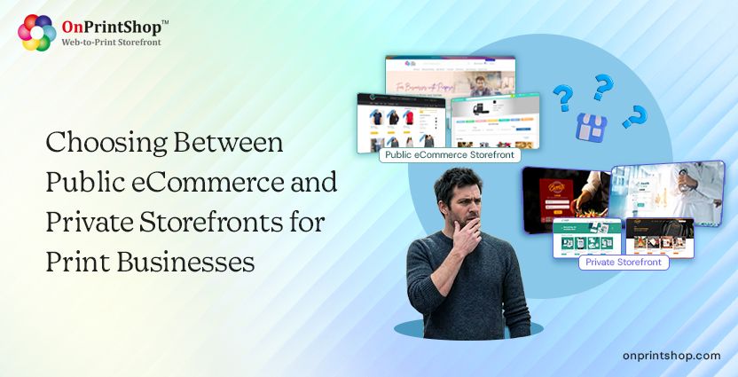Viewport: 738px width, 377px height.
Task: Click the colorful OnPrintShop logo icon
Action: pyautogui.click(x=36, y=32)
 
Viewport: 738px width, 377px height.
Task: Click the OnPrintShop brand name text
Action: pyautogui.click(x=113, y=27)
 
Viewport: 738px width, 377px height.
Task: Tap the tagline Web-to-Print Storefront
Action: pyautogui.click(x=111, y=42)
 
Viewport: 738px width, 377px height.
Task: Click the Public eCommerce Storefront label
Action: pyautogui.click(x=449, y=155)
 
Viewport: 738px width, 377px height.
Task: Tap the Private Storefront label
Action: pyautogui.click(x=623, y=262)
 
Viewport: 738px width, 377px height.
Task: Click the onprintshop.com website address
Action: pyautogui.click(x=671, y=355)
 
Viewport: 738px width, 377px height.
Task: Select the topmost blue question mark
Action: pyautogui.click(x=603, y=88)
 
